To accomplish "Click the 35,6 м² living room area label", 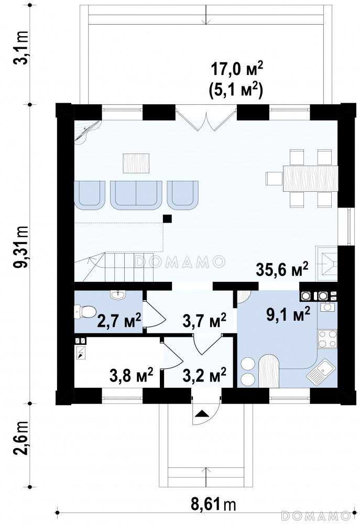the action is click(x=282, y=269).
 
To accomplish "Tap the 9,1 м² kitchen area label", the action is click(x=288, y=314).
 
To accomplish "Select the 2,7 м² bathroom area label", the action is click(x=118, y=321).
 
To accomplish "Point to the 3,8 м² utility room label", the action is click(x=132, y=375).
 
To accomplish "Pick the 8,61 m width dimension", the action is click(x=213, y=504).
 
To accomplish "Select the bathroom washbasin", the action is click(x=118, y=294).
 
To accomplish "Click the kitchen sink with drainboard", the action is click(x=321, y=370).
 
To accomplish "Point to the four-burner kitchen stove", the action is click(x=327, y=339).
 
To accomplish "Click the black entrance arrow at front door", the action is click(x=201, y=414).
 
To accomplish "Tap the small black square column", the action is click(x=167, y=219).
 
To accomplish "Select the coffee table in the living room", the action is click(x=136, y=163).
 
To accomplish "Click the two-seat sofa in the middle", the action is click(x=136, y=195).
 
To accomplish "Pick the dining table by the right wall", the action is click(x=310, y=178).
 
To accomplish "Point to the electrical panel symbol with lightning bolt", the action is click(x=81, y=353).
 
